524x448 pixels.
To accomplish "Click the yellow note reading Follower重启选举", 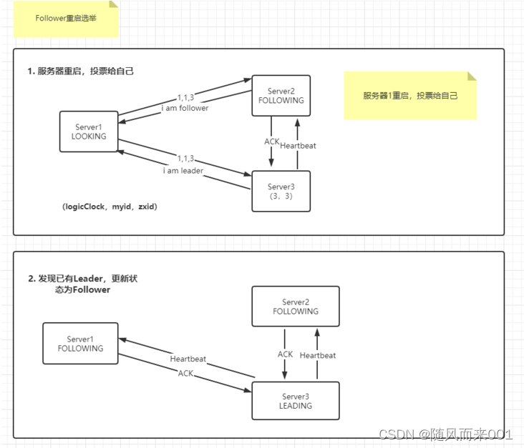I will [x=64, y=19].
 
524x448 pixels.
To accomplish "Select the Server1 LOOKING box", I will [x=89, y=131].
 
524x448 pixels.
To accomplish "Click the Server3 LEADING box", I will [x=295, y=401].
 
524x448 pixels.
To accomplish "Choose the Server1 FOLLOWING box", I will [x=80, y=344].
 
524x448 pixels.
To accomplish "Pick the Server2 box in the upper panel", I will [x=281, y=96].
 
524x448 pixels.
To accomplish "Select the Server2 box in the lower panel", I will [x=295, y=307].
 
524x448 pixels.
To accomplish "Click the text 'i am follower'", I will [x=185, y=109].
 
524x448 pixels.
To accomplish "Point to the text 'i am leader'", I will [x=182, y=171].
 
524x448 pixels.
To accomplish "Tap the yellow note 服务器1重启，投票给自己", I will [x=409, y=95].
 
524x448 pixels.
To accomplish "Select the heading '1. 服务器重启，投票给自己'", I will [x=80, y=71].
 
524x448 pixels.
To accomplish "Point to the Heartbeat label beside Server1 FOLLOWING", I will [x=188, y=359].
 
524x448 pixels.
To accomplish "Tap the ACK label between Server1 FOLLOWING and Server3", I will [x=186, y=373].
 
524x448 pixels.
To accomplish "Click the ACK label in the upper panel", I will [x=272, y=141].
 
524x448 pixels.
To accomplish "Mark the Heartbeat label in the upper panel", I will [x=298, y=146].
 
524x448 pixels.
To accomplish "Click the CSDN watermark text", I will [x=445, y=434].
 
